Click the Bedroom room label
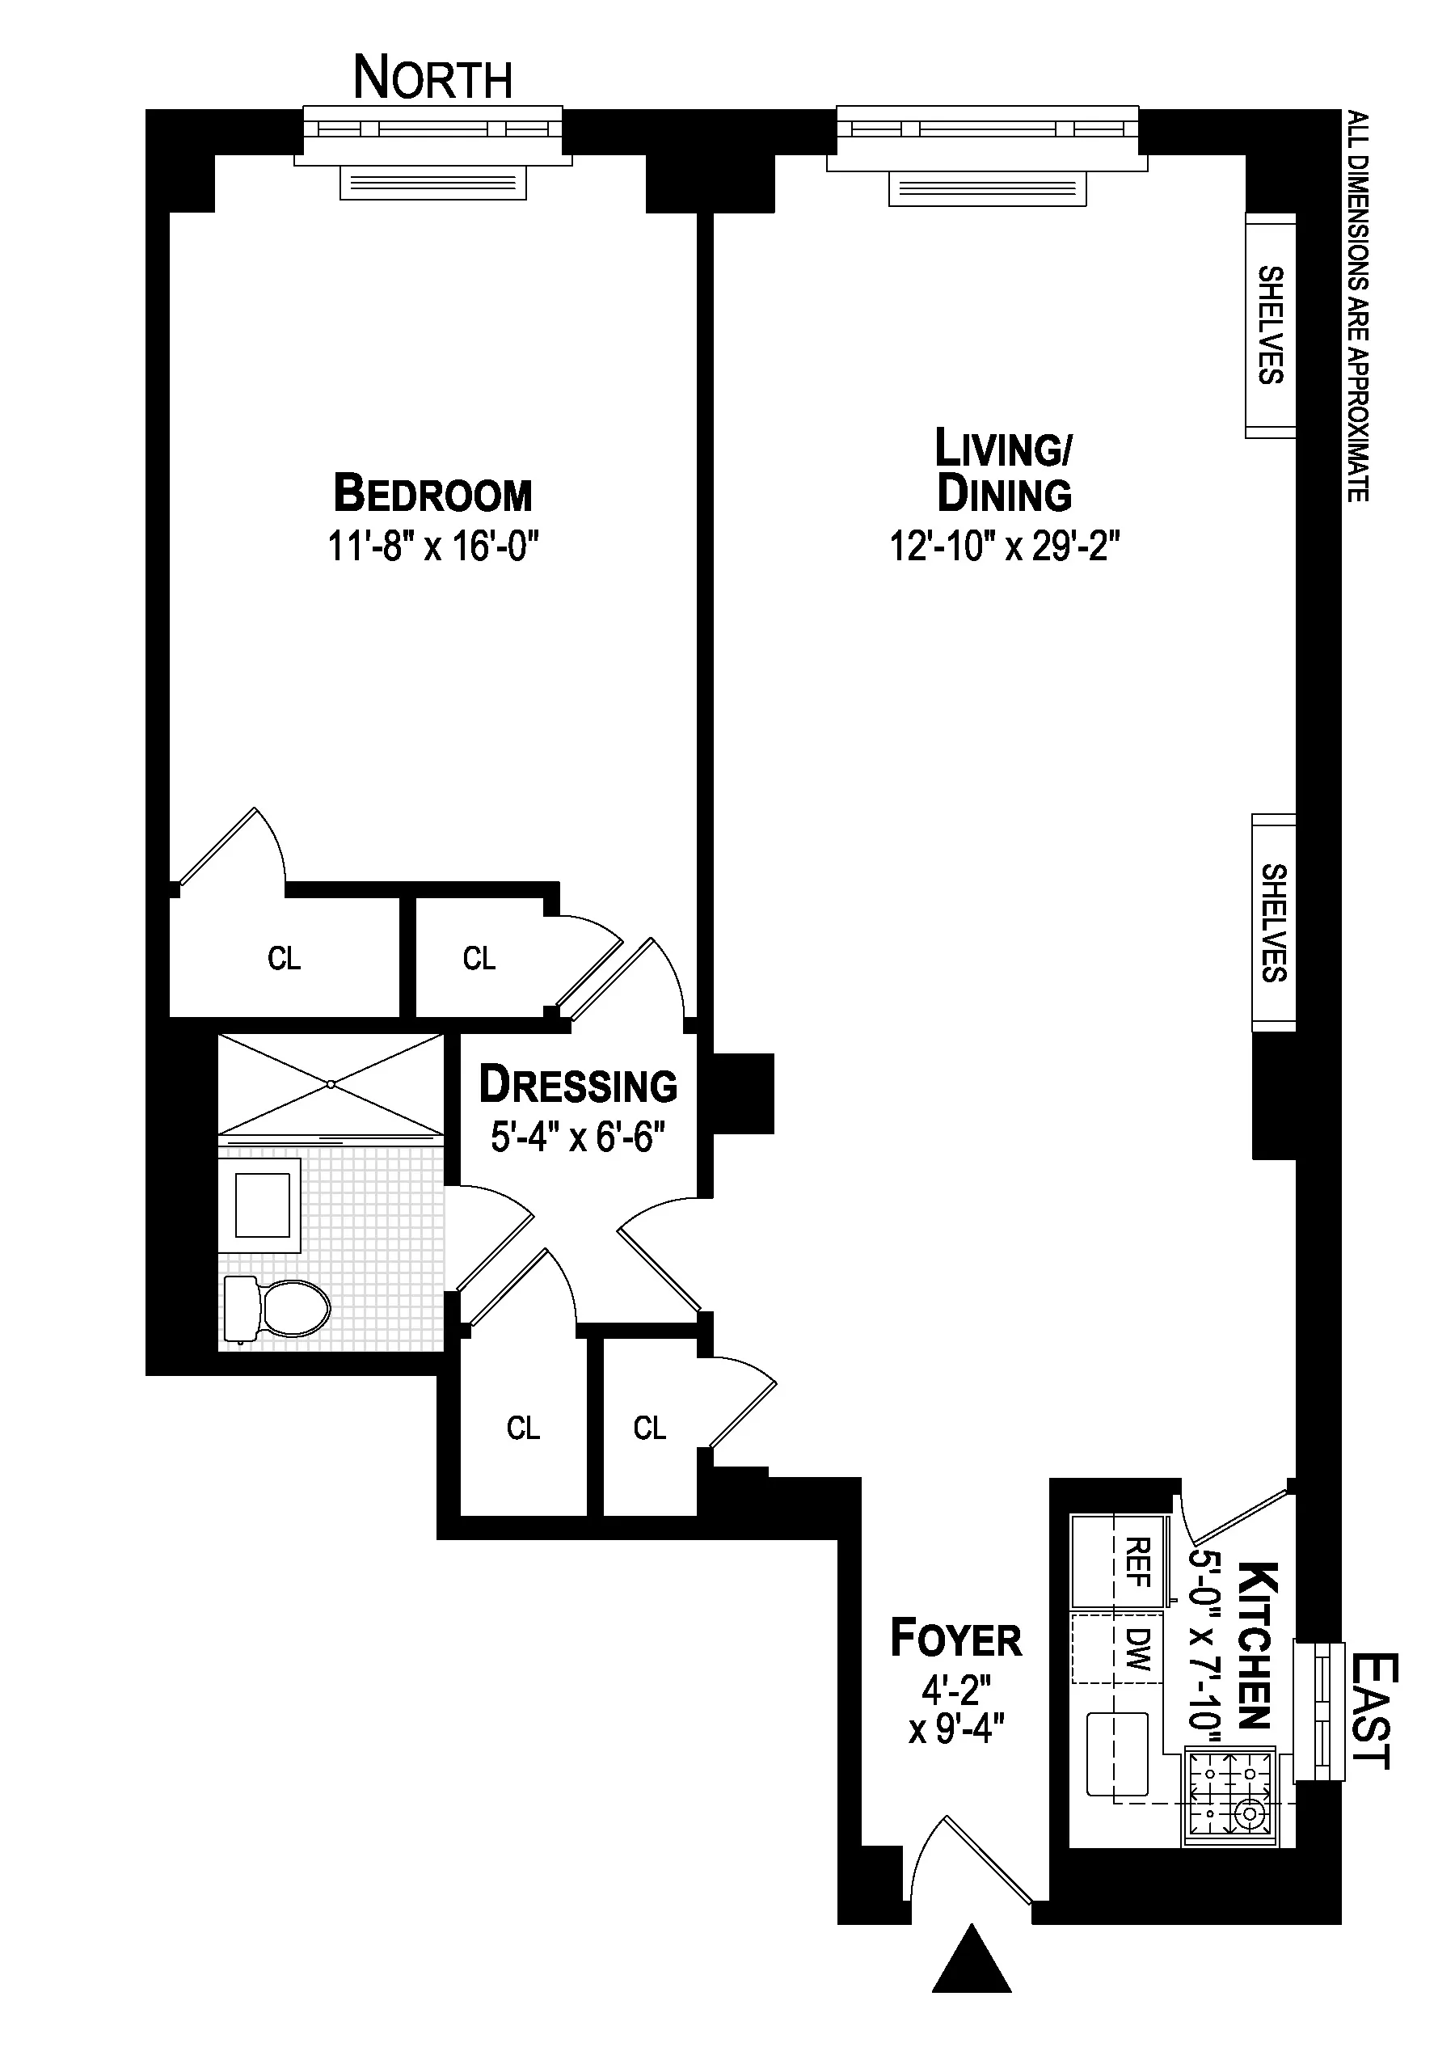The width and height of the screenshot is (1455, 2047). (x=432, y=494)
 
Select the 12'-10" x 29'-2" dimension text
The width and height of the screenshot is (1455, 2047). (x=1004, y=546)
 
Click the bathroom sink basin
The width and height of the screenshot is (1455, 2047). (x=262, y=1205)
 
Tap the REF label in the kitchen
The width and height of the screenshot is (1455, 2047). (x=1137, y=1563)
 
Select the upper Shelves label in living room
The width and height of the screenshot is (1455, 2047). (x=1271, y=325)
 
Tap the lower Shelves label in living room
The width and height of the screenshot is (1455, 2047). (x=1273, y=922)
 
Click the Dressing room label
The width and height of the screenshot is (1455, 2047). (x=578, y=1085)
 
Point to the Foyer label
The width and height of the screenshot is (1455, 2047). (x=955, y=1640)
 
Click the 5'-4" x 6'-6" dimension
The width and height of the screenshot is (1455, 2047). (x=578, y=1137)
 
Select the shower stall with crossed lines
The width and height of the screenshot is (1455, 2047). (x=331, y=1084)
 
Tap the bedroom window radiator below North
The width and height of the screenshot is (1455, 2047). (x=432, y=184)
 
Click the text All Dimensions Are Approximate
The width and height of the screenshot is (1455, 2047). (x=1358, y=306)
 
